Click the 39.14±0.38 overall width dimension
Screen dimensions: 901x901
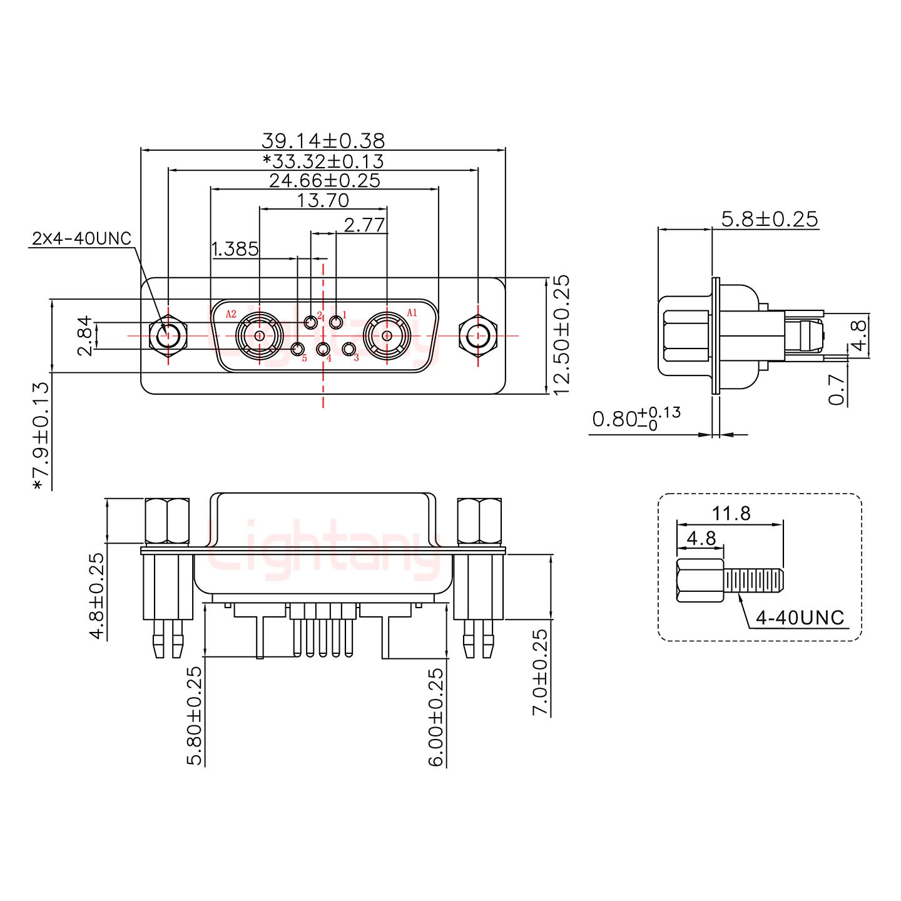point(323,140)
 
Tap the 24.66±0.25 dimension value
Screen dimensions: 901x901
point(324,181)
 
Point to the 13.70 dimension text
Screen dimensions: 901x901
point(323,200)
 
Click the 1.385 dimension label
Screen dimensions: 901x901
point(235,249)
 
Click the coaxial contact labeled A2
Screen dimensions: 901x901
point(259,336)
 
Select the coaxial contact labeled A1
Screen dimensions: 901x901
point(387,336)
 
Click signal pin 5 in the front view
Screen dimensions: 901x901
point(298,349)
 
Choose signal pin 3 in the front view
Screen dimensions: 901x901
point(350,349)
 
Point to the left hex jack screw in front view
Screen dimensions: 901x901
point(168,336)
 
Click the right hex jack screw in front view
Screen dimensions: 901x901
point(478,336)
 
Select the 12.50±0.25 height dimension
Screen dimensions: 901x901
point(561,334)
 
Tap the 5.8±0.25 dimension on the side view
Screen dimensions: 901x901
point(769,219)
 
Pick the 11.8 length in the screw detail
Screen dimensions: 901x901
point(731,514)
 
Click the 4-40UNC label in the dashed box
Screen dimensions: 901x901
point(800,618)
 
